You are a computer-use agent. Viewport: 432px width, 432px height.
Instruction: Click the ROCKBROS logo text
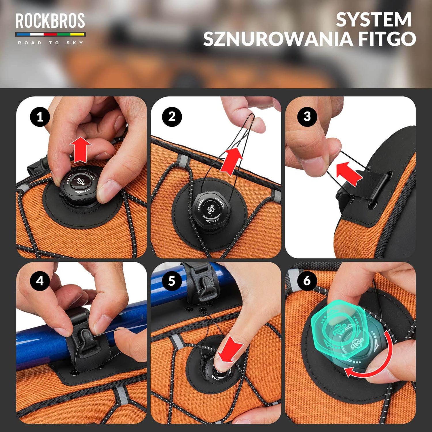[x=50, y=21]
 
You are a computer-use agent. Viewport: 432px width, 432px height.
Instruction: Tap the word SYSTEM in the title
[x=374, y=20]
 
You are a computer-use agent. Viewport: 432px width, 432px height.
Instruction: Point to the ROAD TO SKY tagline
[x=50, y=43]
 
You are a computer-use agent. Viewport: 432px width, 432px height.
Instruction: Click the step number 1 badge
[x=40, y=117]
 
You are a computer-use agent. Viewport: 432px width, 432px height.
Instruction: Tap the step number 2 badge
[x=172, y=117]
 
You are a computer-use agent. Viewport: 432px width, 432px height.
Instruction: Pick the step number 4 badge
[x=40, y=281]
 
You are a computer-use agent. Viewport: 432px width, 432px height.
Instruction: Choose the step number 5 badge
[x=172, y=281]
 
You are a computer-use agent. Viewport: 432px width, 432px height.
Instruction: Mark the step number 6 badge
[x=307, y=281]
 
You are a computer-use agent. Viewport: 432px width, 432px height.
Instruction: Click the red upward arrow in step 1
[x=80, y=150]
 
